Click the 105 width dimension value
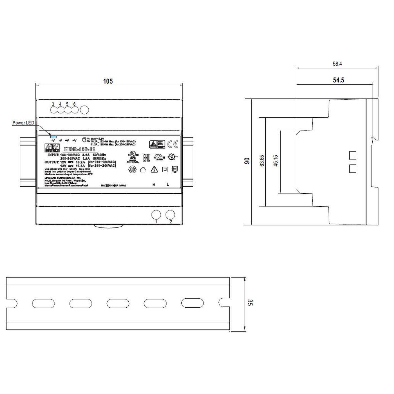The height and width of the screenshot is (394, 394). [x=108, y=81]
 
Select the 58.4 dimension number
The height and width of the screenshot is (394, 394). [x=337, y=64]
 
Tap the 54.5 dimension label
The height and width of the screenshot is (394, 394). [x=338, y=80]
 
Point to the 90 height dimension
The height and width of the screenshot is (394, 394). [x=247, y=161]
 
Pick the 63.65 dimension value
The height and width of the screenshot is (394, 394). [x=262, y=161]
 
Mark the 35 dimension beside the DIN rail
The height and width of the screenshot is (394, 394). [x=250, y=303]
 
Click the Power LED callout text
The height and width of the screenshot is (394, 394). [x=23, y=123]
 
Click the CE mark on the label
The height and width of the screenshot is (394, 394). [x=172, y=144]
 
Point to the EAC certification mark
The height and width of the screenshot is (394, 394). [x=146, y=158]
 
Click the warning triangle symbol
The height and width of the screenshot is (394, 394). [x=154, y=169]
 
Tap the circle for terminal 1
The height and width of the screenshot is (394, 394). [x=156, y=215]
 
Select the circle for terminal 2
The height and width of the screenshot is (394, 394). [x=170, y=215]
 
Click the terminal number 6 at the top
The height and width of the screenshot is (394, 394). [x=74, y=104]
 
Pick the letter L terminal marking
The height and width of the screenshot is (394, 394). [x=168, y=185]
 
